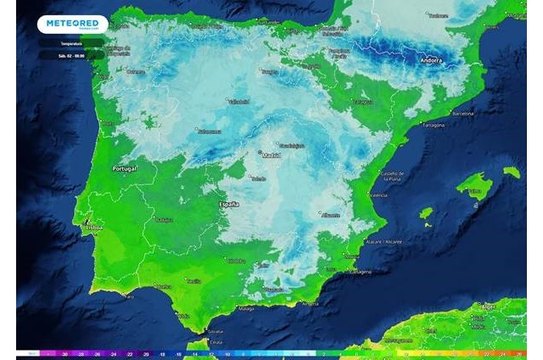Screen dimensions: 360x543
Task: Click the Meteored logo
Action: pos(72,24)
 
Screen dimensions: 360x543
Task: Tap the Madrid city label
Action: pos(271,156)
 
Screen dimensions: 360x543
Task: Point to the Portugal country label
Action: pos(124,169)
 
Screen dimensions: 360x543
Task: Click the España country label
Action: pos(229,205)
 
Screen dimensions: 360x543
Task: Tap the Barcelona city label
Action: pos(462,113)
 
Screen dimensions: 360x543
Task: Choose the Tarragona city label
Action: pos(433,126)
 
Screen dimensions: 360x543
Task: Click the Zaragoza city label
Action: pos(363,102)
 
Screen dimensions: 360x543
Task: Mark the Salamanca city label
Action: pos(209,132)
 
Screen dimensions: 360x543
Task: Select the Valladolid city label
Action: pos(239,101)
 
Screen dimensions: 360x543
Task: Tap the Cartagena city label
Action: pos(361,272)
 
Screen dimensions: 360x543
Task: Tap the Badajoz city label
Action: pos(164,219)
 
